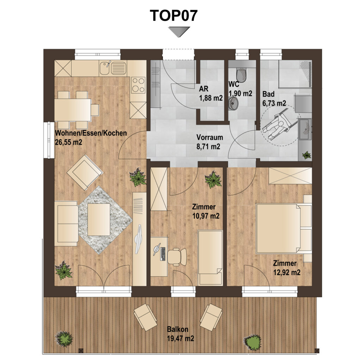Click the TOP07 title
click(x=173, y=16)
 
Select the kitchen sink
click(x=113, y=68)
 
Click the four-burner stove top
click(x=139, y=85)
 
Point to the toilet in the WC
click(x=241, y=74)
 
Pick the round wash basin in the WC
click(x=234, y=103)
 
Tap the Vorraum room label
click(x=210, y=137)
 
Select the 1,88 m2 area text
click(x=211, y=98)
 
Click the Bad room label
click(x=268, y=94)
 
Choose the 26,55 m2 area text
click(x=69, y=142)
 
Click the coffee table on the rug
click(x=99, y=219)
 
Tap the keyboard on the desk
click(x=163, y=254)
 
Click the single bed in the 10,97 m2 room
click(x=210, y=257)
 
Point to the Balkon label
click(x=178, y=329)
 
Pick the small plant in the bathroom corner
click(x=306, y=155)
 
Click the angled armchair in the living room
click(x=85, y=172)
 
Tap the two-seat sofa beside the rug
click(x=66, y=224)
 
